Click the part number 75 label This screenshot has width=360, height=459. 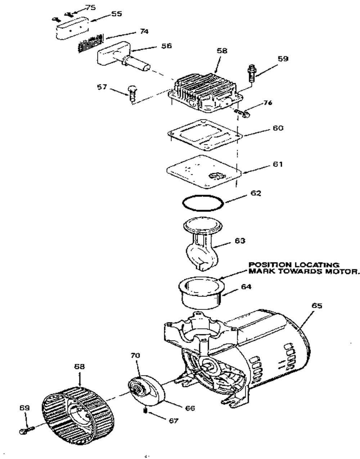coord(90,8)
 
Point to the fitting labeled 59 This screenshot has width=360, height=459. coord(251,73)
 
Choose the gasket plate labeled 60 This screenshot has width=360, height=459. coord(205,135)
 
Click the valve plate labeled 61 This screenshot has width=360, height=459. coord(204,172)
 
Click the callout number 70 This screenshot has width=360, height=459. coord(135,355)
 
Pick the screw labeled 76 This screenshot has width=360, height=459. coord(243,113)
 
